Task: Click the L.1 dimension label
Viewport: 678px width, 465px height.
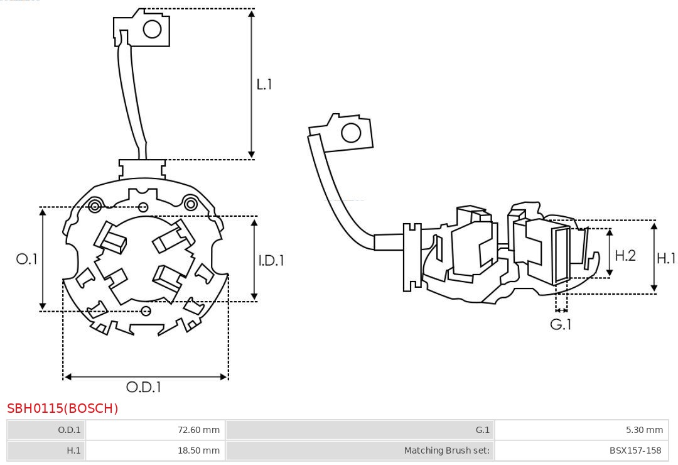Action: click(x=264, y=84)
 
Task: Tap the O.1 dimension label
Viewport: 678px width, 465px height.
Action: click(x=27, y=259)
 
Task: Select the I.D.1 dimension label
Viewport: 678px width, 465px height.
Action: click(x=271, y=260)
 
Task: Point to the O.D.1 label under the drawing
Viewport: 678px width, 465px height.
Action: click(x=144, y=387)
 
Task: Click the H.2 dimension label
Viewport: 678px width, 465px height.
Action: click(x=625, y=255)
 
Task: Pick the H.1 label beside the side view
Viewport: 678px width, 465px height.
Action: click(x=666, y=258)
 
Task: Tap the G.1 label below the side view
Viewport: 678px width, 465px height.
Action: click(x=561, y=324)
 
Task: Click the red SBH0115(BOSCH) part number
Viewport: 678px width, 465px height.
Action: click(x=63, y=408)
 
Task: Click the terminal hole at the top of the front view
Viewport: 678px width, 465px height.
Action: click(x=153, y=29)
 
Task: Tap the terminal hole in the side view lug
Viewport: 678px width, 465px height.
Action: click(x=351, y=133)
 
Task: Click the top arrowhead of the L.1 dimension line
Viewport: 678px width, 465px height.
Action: click(x=252, y=13)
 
